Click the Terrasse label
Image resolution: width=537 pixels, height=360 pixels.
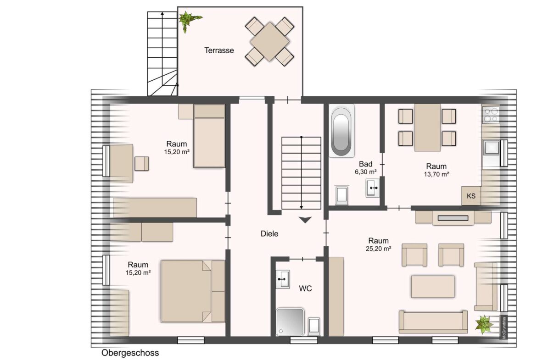coord(219,50)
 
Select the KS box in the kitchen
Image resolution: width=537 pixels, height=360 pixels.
coord(471,196)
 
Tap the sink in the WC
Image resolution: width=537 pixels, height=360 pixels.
coord(282,279)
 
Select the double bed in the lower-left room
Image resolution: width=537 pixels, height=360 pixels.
coord(193,291)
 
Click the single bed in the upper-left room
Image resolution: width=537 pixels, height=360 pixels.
coord(209,136)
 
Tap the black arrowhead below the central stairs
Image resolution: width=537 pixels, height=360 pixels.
coord(304,220)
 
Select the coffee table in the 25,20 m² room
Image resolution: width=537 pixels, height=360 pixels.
coord(432,287)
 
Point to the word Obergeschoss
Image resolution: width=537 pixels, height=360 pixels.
coord(130,353)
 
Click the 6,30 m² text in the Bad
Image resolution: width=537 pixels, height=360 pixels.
coord(366,172)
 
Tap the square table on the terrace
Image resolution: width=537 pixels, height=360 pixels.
coord(269,40)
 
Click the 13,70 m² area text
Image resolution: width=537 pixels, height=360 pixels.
coord(436,174)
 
